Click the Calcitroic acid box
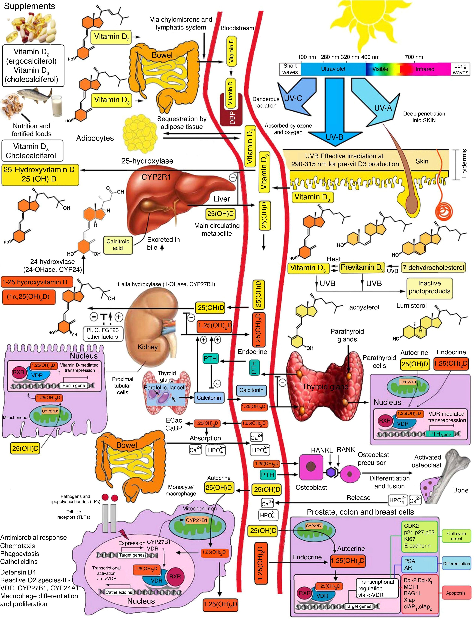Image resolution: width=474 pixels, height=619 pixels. (x=118, y=245)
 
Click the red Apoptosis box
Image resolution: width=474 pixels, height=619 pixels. (x=456, y=593)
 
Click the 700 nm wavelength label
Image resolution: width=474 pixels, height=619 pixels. (x=414, y=57)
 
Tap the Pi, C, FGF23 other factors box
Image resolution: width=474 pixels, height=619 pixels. (x=102, y=333)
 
